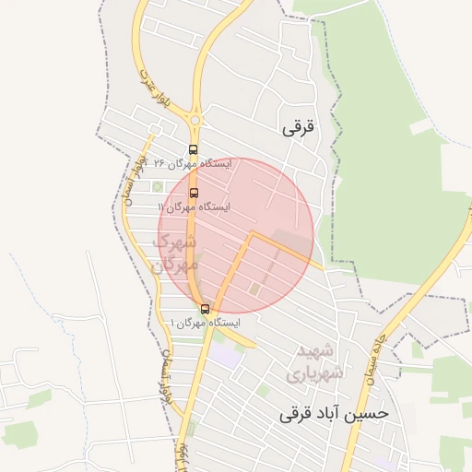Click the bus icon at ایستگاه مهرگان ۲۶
[193, 149]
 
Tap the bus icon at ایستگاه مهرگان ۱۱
[194, 193]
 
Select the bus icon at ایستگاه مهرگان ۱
[205, 309]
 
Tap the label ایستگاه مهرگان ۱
[205, 324]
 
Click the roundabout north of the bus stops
[195, 119]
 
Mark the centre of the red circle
[237, 235]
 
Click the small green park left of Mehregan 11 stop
[158, 186]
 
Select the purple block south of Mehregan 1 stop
[225, 353]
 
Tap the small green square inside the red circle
[254, 289]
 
